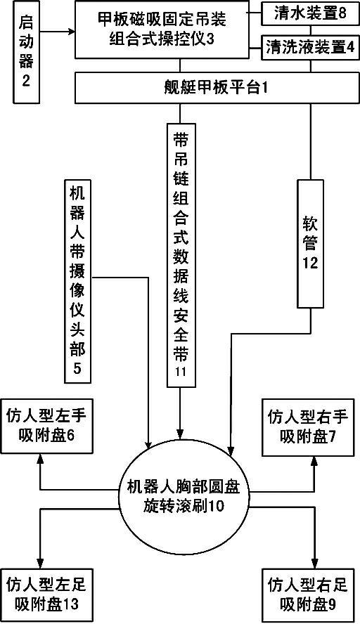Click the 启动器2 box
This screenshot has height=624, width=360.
click(26, 52)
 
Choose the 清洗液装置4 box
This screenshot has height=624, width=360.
click(310, 48)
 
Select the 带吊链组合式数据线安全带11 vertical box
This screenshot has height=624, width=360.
click(181, 254)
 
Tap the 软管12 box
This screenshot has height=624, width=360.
click(310, 243)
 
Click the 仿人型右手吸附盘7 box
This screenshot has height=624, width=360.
click(308, 427)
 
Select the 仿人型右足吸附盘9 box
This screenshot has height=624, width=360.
click(308, 596)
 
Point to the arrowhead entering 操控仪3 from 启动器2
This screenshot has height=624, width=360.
click(71, 30)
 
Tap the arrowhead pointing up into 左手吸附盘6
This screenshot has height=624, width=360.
click(40, 459)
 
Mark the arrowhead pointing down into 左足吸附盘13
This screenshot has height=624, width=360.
click(40, 564)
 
